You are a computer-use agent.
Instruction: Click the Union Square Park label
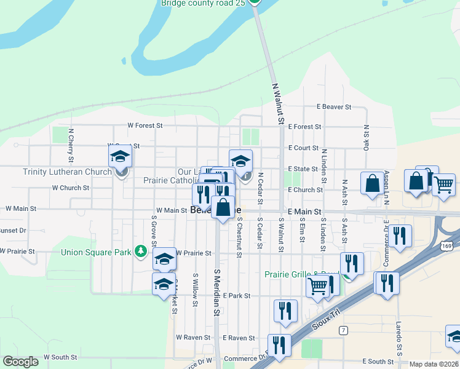[97, 252]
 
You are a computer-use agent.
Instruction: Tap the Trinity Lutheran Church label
[67, 172]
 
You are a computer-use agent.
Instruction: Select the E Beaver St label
[334, 106]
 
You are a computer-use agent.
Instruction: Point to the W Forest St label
[145, 125]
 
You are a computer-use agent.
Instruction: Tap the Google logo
[20, 361]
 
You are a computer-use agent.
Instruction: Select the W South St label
[60, 357]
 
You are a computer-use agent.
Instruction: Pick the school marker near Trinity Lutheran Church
[121, 156]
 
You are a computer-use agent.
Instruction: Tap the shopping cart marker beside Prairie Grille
[317, 285]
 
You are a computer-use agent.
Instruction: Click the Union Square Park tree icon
[141, 251]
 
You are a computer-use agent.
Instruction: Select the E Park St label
[237, 296]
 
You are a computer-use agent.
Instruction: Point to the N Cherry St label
[71, 144]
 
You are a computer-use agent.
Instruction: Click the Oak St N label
[366, 139]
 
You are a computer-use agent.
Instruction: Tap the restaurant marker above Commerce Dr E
[400, 235]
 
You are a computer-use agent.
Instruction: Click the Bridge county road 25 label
[203, 3]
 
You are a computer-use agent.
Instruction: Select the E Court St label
[303, 148]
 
